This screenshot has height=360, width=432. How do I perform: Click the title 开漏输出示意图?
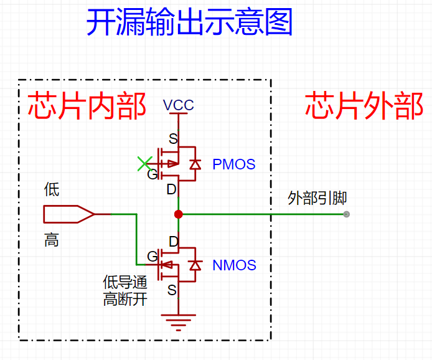click(x=189, y=23)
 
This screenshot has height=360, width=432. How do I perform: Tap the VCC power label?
click(x=179, y=105)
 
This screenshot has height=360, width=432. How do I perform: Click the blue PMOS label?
click(x=234, y=164)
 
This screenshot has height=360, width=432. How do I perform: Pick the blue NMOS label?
click(x=234, y=265)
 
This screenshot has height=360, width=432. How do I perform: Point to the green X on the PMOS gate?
click(x=144, y=164)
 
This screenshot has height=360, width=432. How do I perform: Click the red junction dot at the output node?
click(x=179, y=214)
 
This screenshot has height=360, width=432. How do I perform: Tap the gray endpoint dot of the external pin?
click(x=347, y=214)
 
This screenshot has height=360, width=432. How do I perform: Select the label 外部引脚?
click(x=317, y=199)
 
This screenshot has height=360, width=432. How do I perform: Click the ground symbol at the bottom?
click(x=179, y=321)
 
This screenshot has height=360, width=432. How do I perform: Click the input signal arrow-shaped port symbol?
click(x=68, y=214)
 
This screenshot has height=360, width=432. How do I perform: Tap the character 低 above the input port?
click(x=52, y=189)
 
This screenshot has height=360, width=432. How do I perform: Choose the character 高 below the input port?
click(x=52, y=240)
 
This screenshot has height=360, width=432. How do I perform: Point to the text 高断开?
click(x=125, y=300)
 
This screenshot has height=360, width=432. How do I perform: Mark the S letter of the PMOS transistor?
click(x=173, y=138)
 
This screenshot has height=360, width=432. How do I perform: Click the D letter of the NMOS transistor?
click(x=174, y=241)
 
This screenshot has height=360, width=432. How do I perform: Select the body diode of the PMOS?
click(x=195, y=164)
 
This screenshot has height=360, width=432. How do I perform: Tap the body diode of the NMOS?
click(x=195, y=265)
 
